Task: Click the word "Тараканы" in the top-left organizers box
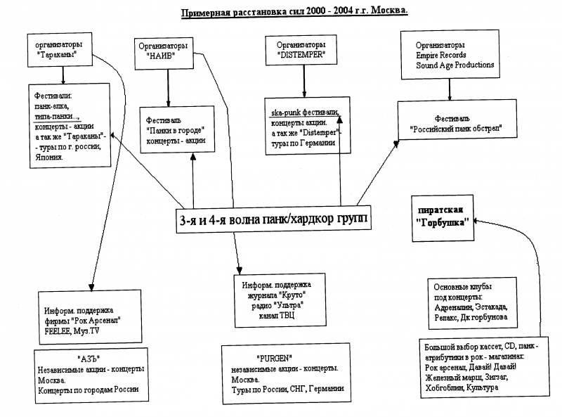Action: click(x=58, y=53)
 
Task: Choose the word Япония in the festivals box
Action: click(x=49, y=157)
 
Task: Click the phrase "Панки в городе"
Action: click(x=175, y=130)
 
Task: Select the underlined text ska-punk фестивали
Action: click(x=305, y=113)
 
